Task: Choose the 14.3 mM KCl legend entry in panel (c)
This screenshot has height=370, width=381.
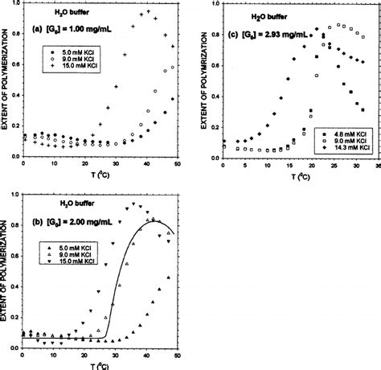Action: [x=353, y=143]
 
